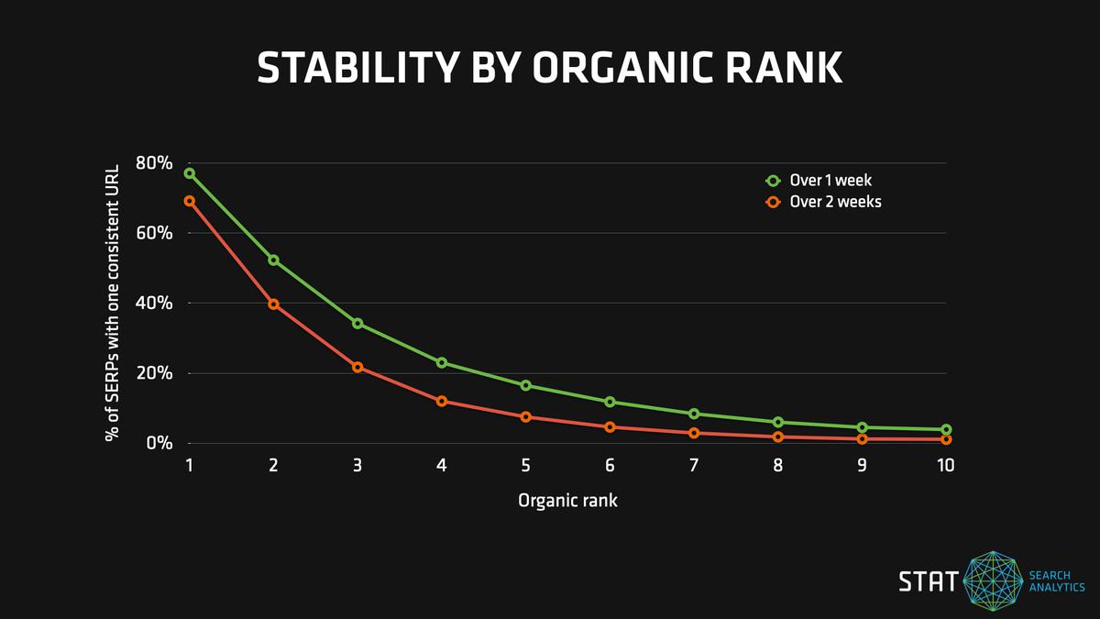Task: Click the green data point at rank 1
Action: click(189, 173)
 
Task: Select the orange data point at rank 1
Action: click(189, 201)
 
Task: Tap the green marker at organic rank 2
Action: click(273, 260)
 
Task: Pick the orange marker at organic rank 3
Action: click(357, 367)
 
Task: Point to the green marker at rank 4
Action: click(442, 363)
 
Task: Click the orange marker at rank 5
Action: click(526, 417)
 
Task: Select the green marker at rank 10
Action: click(946, 430)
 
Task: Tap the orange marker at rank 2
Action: click(273, 304)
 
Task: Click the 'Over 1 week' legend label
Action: click(830, 181)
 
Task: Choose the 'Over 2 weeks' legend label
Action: click(835, 202)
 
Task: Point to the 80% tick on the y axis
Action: click(154, 163)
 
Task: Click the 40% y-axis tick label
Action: click(154, 304)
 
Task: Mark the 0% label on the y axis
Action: click(159, 443)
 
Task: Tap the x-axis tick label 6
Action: click(610, 466)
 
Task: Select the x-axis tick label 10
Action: click(945, 466)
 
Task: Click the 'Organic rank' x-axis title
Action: click(567, 501)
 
